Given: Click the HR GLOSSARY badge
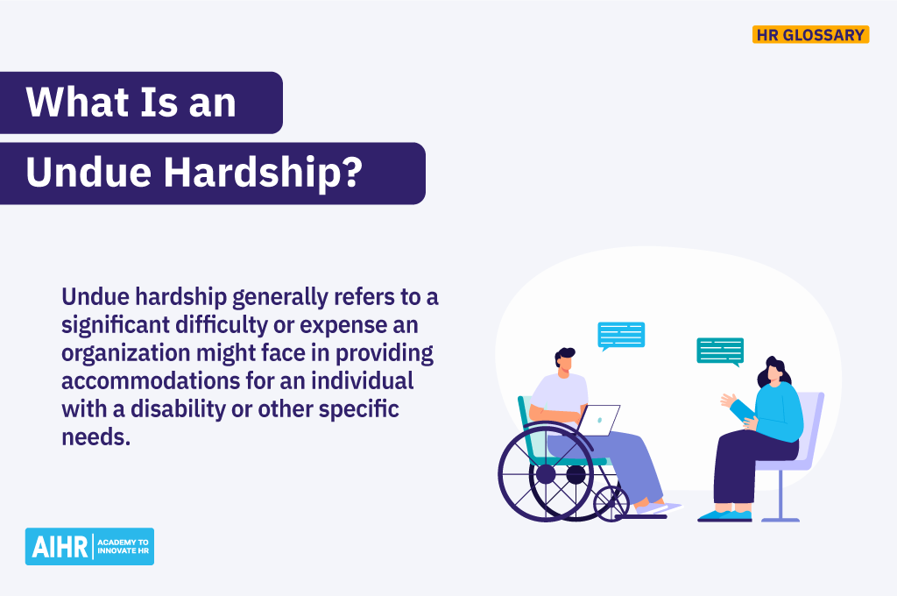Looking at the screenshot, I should tap(810, 35).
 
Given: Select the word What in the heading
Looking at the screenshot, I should tap(71, 103).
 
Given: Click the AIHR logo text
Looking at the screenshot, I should tap(60, 546).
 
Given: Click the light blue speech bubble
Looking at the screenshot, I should tap(621, 335).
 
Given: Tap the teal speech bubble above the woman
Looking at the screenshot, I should tap(720, 351).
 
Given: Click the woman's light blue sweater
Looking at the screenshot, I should tap(779, 414).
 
